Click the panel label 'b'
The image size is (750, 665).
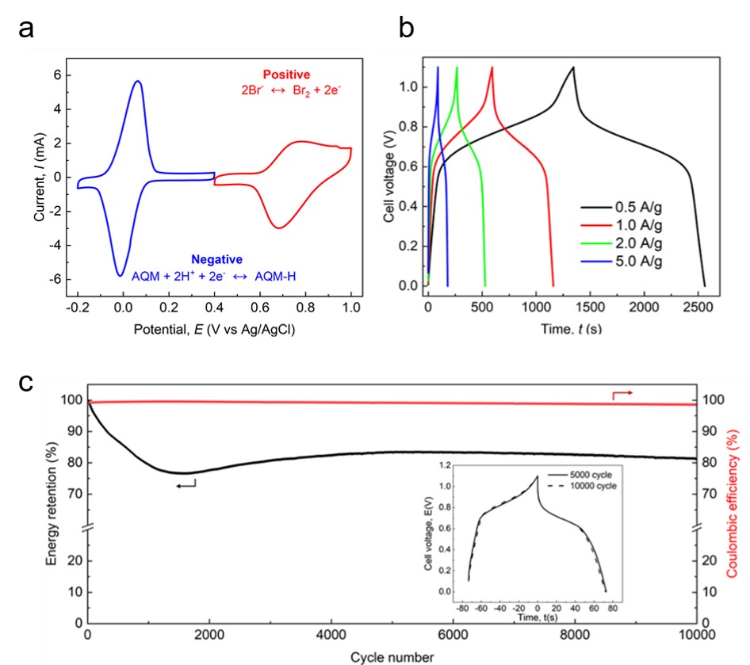(406, 29)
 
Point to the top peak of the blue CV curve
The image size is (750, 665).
(138, 81)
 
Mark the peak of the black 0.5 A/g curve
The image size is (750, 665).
(572, 67)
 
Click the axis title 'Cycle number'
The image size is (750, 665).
(393, 657)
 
